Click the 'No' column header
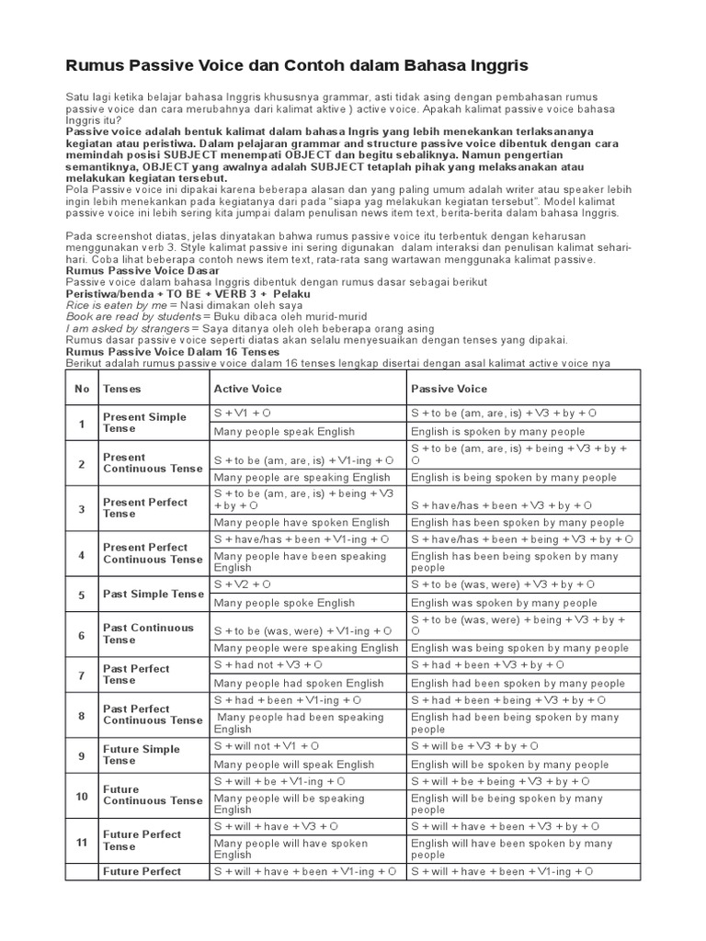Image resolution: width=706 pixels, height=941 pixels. coord(82,389)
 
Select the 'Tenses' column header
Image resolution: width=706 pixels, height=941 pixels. coord(122,389)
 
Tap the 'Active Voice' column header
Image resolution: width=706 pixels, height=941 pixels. coord(247,389)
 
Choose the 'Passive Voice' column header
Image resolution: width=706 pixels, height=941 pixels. coord(449,389)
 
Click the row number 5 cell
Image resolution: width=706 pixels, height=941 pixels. coord(82,594)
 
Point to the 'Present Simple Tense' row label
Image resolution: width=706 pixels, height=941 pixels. coord(144,423)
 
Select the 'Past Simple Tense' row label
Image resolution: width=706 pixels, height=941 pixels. coord(154,594)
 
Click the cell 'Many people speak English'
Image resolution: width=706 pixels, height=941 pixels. coord(284,431)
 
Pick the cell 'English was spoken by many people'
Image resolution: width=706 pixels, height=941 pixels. coord(504,603)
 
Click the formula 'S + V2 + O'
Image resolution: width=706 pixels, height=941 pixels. coord(242,584)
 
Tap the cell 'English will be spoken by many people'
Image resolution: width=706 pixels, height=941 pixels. coord(509,764)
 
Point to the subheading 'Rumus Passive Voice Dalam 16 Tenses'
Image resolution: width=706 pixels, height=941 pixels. coord(172,351)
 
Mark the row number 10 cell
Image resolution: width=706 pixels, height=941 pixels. coord(82,795)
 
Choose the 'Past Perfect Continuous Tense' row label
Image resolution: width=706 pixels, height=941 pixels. coord(153,714)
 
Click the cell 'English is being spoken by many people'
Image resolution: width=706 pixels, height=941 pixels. coord(514,477)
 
